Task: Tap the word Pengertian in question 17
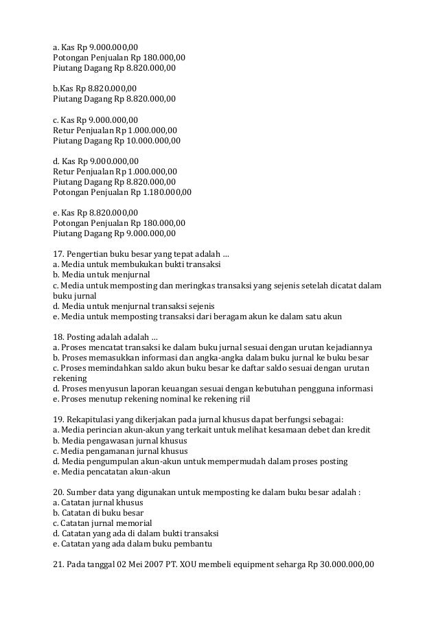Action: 92,253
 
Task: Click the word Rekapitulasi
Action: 93,420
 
